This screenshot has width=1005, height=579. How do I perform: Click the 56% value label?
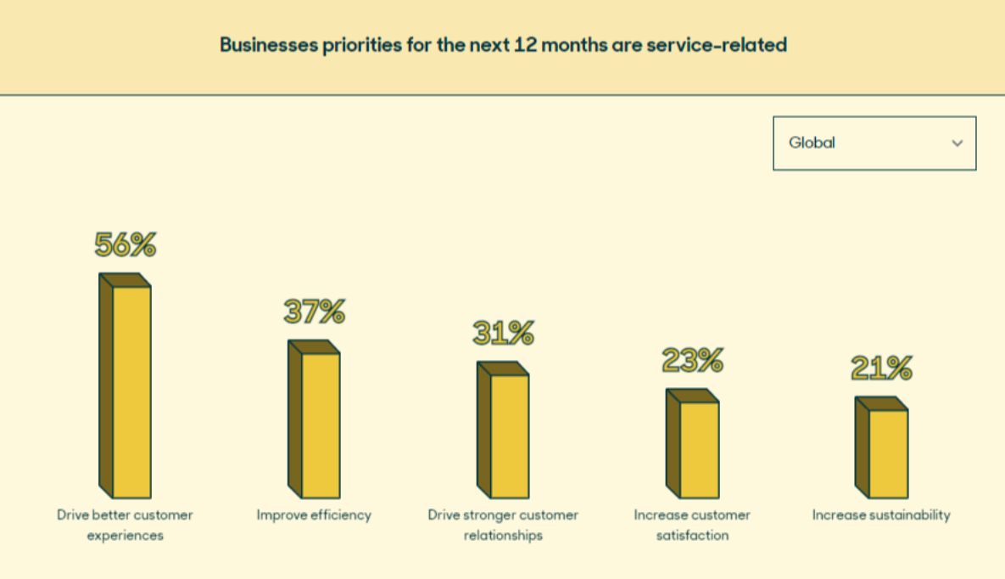pos(126,245)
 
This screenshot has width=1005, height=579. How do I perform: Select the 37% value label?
pos(315,312)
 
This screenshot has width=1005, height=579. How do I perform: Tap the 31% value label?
pos(504,333)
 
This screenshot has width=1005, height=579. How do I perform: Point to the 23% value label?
pos(693,360)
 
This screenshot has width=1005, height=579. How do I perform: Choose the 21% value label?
pos(882,368)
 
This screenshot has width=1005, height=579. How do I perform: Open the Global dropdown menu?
pos(874,143)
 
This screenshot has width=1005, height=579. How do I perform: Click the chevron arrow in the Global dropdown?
pos(958,143)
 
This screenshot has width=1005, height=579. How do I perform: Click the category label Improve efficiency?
pos(314,515)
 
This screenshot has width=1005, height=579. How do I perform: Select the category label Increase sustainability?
pos(881,515)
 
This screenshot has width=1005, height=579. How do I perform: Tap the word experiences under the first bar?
pos(126,537)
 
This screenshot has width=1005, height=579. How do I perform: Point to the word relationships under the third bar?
pos(503,537)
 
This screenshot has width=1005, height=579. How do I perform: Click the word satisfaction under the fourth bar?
pos(692,537)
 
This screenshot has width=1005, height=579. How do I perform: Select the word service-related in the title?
pos(717,44)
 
